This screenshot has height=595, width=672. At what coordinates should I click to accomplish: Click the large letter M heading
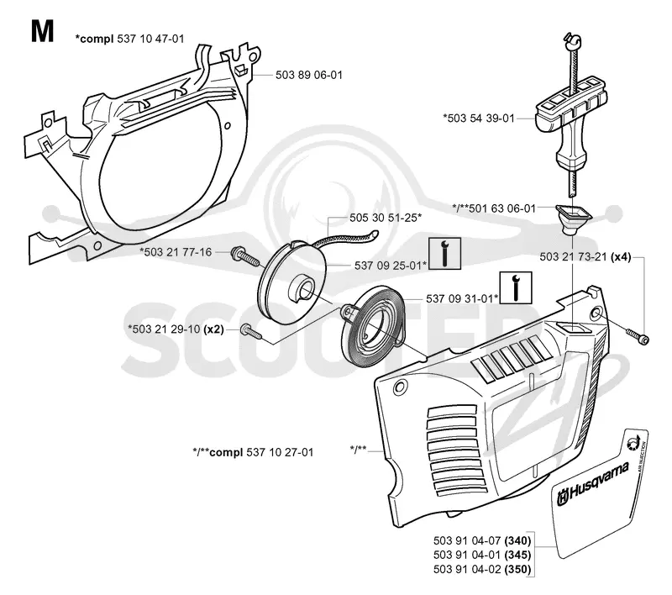(43, 31)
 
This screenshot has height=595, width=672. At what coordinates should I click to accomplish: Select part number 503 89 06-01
(309, 75)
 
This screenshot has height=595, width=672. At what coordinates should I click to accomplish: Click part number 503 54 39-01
(479, 118)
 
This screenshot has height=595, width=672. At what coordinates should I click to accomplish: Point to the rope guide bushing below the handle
(573, 219)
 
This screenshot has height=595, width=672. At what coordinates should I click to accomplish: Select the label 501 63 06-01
(494, 208)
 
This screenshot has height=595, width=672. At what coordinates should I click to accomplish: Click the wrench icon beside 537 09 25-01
(445, 253)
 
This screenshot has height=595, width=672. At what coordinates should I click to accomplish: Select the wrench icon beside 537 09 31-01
(516, 287)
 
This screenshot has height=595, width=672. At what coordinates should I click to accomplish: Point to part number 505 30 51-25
(386, 218)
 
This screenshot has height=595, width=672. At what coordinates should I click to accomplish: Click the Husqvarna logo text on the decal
(594, 483)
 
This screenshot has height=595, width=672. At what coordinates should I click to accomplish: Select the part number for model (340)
(482, 540)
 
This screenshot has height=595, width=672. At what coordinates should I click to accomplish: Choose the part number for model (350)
(482, 569)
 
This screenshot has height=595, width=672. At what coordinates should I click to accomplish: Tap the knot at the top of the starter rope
(573, 39)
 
